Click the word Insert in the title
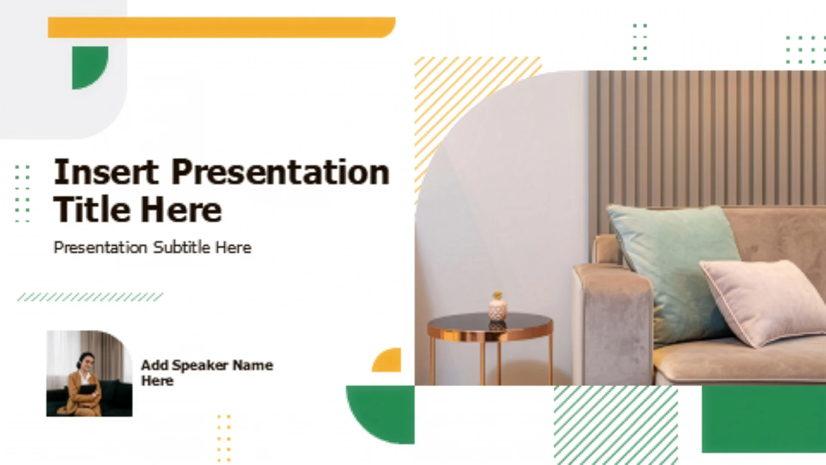tap(106, 172)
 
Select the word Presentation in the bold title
tap(280, 172)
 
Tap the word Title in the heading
tap(91, 209)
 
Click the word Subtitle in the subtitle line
tap(182, 248)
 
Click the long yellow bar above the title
tap(222, 28)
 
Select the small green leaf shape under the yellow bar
tap(90, 68)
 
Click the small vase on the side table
tap(497, 306)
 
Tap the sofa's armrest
tap(613, 323)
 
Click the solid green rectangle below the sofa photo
tap(764, 419)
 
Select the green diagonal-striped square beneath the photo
tap(616, 425)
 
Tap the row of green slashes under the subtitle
tap(90, 297)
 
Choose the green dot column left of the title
tap(22, 193)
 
